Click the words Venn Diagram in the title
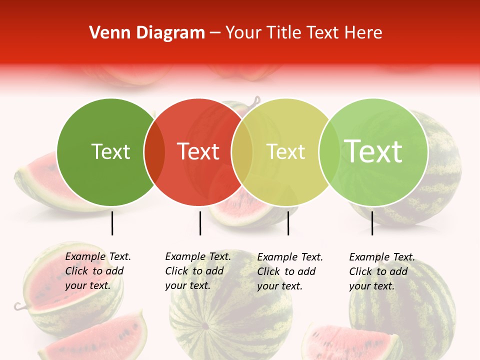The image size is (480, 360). click(x=146, y=33)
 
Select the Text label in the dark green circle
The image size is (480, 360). click(x=110, y=151)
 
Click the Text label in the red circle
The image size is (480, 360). click(x=198, y=151)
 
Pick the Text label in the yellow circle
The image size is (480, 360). click(x=286, y=151)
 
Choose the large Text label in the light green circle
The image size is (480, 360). click(x=373, y=151)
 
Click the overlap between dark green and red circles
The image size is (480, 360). click(x=154, y=151)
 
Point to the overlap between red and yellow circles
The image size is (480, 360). click(x=242, y=151)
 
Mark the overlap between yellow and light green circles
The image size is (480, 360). click(x=329, y=151)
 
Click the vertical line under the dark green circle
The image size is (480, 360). click(x=112, y=223)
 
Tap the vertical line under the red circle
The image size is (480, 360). click(x=200, y=223)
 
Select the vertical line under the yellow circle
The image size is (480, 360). click(x=288, y=223)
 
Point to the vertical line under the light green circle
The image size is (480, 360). click(x=372, y=223)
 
